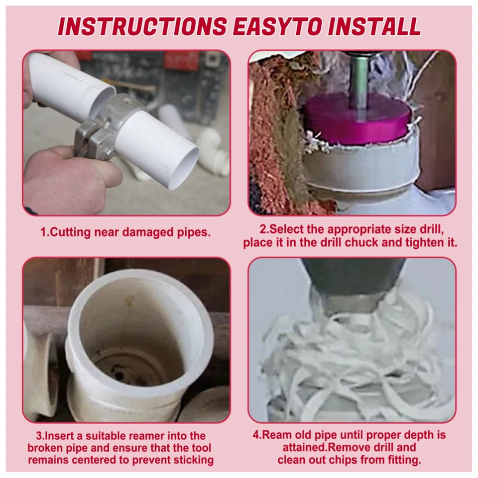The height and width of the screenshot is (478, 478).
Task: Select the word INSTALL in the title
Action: [x=378, y=26]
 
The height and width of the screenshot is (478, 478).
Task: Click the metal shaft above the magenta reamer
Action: [x=358, y=80]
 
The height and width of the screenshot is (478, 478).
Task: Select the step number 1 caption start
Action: [x=45, y=233]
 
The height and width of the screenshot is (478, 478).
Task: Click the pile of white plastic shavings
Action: [x=349, y=368]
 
